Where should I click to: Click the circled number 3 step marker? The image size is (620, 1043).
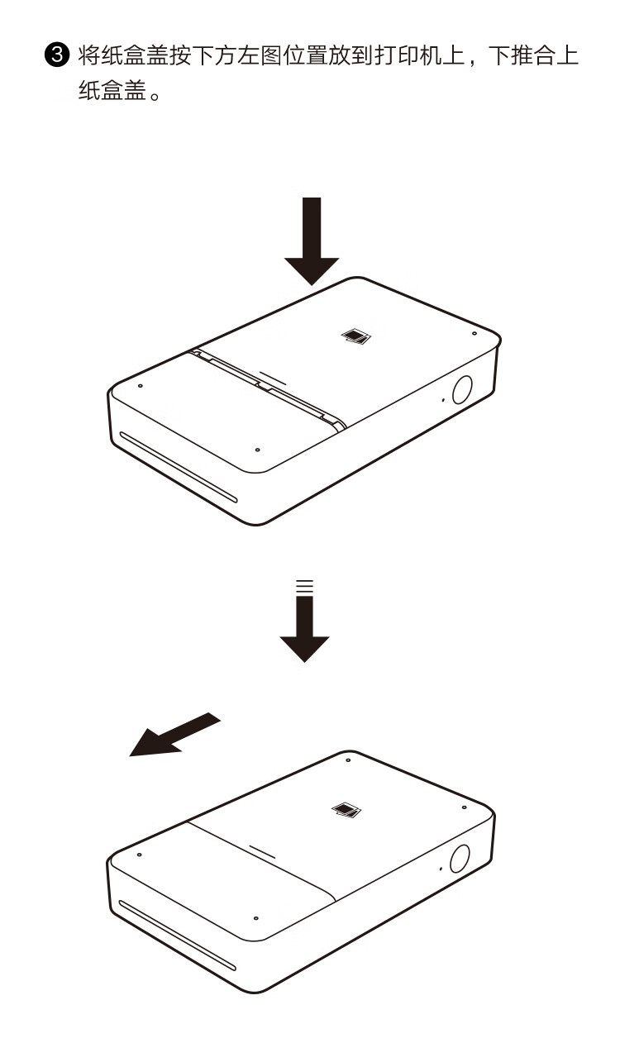[56, 55]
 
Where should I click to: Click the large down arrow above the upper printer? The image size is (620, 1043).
[312, 241]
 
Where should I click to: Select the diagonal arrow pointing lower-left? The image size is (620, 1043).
[174, 734]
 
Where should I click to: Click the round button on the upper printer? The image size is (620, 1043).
[461, 389]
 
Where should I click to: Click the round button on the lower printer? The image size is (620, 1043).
[460, 859]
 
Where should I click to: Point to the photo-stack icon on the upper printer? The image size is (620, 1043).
[356, 336]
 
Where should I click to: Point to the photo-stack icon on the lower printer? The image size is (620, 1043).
[346, 810]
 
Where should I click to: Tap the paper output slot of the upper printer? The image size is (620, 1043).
[179, 467]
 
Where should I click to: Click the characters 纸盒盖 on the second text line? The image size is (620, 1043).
[112, 90]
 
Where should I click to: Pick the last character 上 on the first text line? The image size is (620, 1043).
[567, 55]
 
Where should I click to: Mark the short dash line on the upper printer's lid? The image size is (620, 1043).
[273, 379]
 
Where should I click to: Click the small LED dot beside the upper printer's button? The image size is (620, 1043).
[443, 399]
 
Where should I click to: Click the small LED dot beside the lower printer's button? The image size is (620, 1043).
[441, 869]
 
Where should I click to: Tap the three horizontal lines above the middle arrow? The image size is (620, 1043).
[305, 586]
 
